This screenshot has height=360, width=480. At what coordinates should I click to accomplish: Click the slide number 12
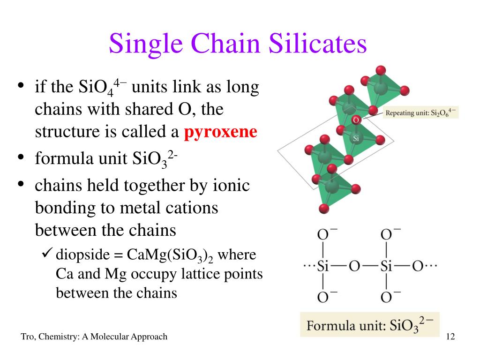pos(451,337)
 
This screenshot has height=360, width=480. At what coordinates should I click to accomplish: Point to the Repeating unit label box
pos(420,113)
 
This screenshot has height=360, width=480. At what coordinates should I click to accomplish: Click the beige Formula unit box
pos(370,324)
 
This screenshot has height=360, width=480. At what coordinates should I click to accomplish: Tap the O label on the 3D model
pos(356,120)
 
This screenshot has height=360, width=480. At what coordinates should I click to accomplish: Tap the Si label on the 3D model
pos(355,139)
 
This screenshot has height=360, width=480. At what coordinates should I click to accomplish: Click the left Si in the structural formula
pos(322,266)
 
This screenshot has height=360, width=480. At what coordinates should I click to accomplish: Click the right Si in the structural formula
pos(386,266)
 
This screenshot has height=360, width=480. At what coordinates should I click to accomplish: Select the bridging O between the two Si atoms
pos(354,266)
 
